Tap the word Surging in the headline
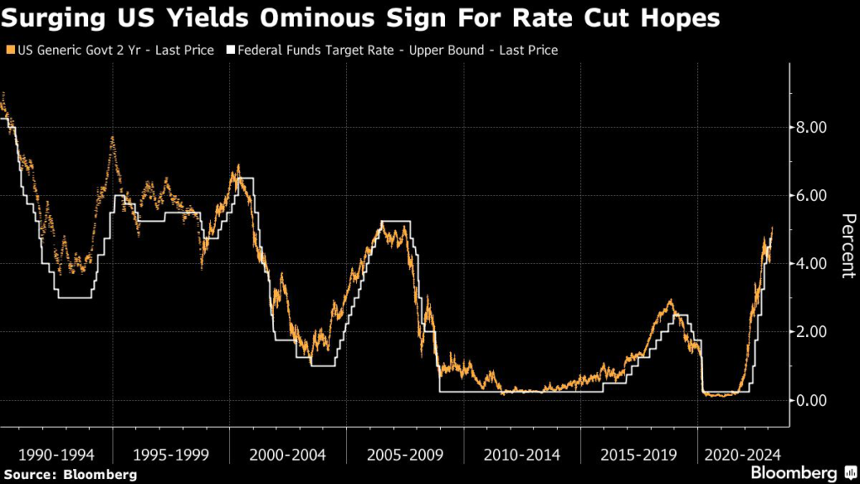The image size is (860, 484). point(57,18)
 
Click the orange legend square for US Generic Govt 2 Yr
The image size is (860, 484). point(9,50)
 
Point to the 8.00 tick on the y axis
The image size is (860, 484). point(811,128)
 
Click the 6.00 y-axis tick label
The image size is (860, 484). point(811,196)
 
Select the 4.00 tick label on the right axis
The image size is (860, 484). point(811,264)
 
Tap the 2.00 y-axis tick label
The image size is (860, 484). point(811,332)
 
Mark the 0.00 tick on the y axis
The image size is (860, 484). point(811,400)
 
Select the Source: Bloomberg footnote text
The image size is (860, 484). point(69,475)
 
